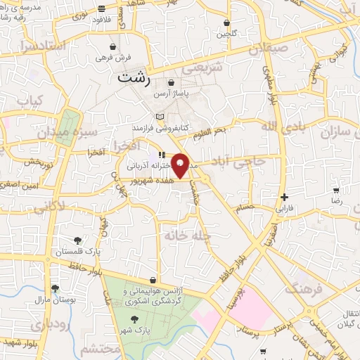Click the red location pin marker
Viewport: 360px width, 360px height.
(181, 165)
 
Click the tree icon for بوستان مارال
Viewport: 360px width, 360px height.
(55, 288)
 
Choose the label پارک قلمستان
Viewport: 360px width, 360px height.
(99, 250)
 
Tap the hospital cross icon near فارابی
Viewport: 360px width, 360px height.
(283, 198)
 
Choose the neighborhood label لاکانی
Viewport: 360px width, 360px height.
(49, 207)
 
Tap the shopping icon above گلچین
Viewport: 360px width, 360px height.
(226, 22)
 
